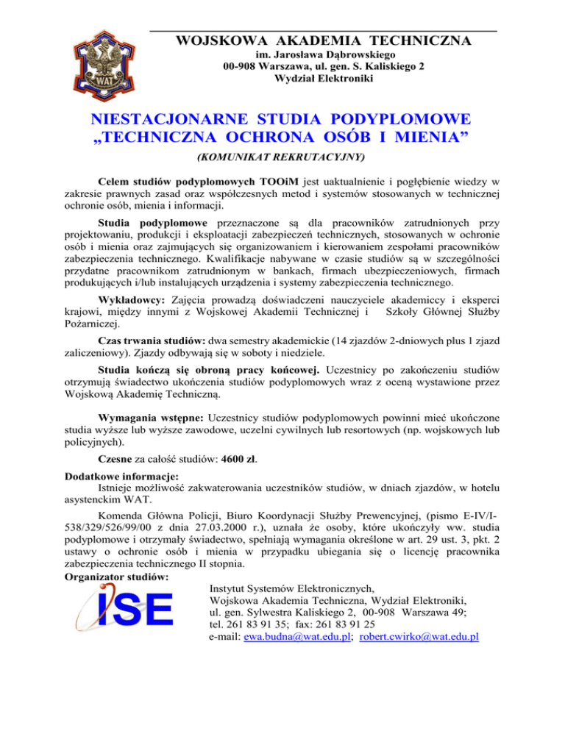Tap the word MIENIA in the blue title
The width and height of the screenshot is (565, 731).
(433, 138)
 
